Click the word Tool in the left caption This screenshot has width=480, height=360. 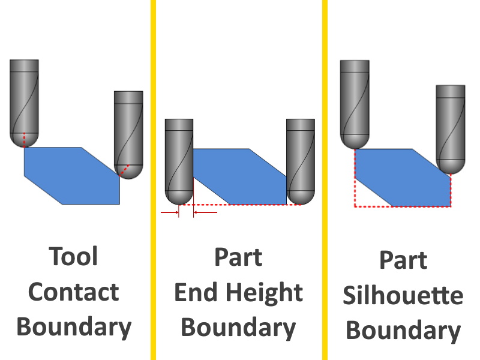[x=73, y=257]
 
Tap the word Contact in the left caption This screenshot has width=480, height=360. [x=73, y=293]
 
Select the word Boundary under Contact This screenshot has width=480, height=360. [x=73, y=328]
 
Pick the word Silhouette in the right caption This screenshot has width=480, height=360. [x=403, y=296]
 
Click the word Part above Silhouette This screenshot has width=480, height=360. [x=403, y=261]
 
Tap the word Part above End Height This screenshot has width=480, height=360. [x=238, y=257]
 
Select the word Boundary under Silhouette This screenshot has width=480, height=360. [x=403, y=331]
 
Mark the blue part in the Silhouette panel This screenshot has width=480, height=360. [x=402, y=178]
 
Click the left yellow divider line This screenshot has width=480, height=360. [x=153, y=180]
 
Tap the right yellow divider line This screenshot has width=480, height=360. [x=325, y=180]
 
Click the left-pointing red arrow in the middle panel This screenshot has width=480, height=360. [x=205, y=212]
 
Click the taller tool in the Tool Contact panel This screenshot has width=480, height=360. [x=25, y=102]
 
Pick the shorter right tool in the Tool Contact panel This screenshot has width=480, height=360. [x=128, y=132]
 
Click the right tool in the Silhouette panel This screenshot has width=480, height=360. [x=451, y=126]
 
